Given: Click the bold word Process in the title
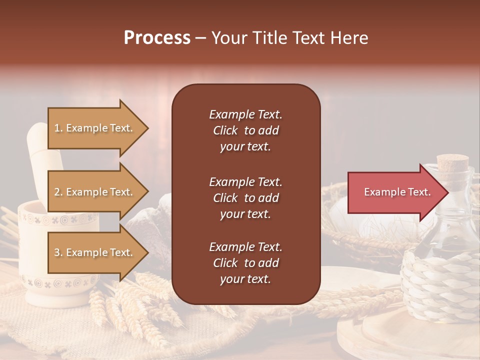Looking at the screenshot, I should coord(157,38).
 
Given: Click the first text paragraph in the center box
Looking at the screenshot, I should coord(245,130).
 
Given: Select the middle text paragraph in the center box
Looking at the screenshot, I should coord(245,197).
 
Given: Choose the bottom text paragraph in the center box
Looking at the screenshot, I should coord(245,263).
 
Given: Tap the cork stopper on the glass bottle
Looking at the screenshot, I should coord(452,162).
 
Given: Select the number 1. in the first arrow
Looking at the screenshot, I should coord(58,128).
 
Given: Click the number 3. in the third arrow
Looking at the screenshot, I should coord(58,252).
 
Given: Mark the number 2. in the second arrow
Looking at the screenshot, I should coord(58,192).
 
